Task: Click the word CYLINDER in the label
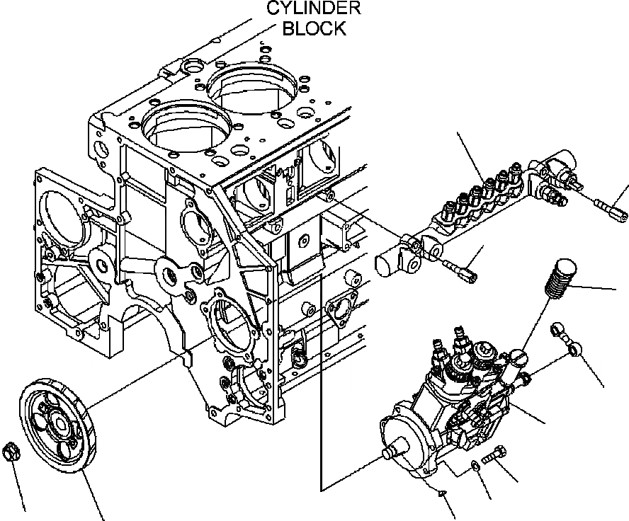tap(313, 8)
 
